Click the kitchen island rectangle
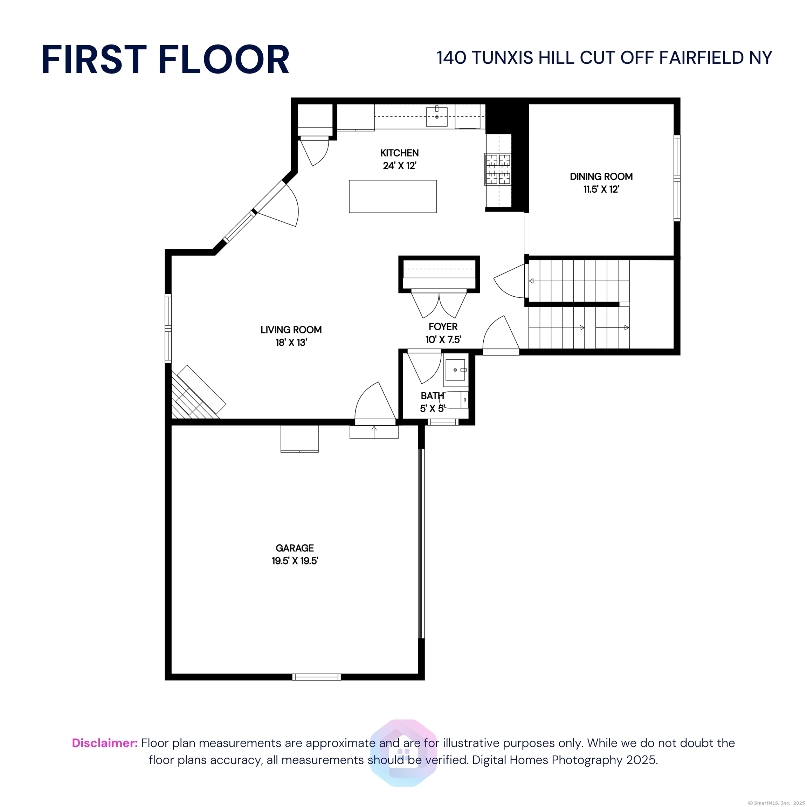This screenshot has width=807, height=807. tap(393, 196)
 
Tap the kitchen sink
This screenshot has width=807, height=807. tap(436, 117)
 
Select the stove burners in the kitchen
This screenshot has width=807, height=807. tap(497, 169)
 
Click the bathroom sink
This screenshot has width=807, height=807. tap(455, 370)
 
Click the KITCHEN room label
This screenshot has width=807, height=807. tap(399, 153)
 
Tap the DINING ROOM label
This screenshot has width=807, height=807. tap(601, 176)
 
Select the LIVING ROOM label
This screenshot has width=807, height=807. tap(291, 330)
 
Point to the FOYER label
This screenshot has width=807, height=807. tap(443, 327)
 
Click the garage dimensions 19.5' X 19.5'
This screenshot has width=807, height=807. tap(295, 560)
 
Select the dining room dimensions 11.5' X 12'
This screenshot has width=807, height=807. tap(601, 189)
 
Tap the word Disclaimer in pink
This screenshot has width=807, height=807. tap(105, 743)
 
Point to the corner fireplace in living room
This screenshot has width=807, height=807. tap(196, 393)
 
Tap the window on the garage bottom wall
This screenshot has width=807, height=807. tap(317, 677)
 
